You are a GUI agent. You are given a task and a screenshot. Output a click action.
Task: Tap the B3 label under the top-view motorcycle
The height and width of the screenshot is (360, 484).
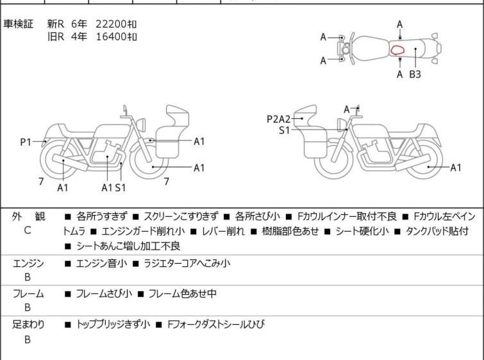[415, 74]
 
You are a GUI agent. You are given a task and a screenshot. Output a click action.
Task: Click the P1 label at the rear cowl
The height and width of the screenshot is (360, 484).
[26, 142]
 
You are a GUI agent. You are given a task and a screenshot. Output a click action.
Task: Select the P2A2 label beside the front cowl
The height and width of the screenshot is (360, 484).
[278, 119]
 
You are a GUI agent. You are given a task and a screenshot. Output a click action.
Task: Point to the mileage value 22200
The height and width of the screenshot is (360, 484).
[111, 24]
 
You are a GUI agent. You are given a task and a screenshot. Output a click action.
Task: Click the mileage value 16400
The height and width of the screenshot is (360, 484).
[111, 37]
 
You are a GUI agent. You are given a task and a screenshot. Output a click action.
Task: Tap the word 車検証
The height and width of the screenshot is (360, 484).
[18, 24]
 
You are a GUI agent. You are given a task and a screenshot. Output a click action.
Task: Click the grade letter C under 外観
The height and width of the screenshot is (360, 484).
[28, 230]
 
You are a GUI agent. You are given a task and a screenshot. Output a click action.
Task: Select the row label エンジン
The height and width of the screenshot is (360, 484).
[28, 264]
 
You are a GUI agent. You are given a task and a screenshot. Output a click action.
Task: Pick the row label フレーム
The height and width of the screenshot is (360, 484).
[28, 293]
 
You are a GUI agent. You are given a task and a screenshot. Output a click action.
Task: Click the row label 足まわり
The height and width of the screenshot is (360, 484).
[28, 325]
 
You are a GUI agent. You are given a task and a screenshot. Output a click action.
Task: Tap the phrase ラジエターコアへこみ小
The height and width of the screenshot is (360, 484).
[187, 263]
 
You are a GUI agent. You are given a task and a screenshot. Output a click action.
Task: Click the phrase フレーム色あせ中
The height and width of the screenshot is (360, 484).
[182, 293]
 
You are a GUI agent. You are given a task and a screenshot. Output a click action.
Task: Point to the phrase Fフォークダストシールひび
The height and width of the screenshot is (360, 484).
[216, 325]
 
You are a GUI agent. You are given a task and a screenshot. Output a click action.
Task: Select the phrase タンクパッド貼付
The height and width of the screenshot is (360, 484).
[437, 231]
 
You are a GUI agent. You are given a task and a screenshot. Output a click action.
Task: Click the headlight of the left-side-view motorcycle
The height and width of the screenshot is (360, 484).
[141, 124]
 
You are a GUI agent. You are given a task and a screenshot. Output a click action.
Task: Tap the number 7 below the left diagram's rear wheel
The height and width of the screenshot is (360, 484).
[41, 182]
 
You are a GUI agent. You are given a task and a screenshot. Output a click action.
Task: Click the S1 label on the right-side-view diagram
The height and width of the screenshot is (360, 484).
[284, 131]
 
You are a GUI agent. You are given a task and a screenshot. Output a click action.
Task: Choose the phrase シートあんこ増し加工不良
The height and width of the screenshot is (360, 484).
[128, 246]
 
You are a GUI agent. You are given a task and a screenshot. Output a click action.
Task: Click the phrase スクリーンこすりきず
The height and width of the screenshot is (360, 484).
[181, 216]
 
